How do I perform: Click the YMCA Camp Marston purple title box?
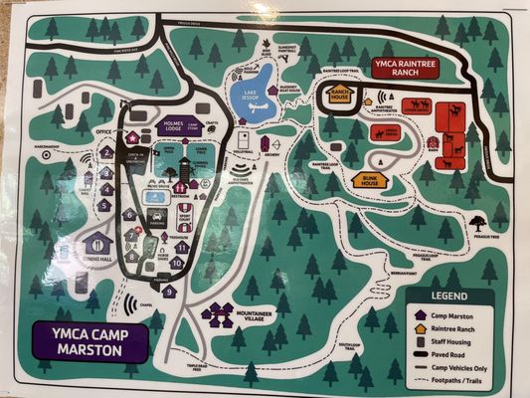[88, 340]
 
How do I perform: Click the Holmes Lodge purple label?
[178, 126]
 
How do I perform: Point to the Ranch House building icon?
[341, 95]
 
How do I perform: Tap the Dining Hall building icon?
[97, 244]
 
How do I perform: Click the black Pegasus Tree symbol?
[479, 223]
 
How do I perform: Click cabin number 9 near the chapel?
[169, 291]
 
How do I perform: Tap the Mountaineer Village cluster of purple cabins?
[221, 314]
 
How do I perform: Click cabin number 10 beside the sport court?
[176, 263]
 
